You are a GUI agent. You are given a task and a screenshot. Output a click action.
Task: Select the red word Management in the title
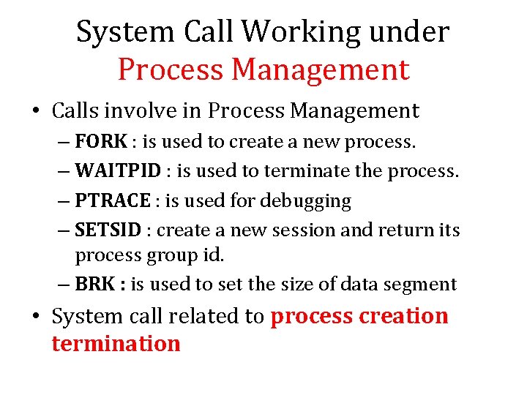[321, 70]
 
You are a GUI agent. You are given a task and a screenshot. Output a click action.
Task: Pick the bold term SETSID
[108, 230]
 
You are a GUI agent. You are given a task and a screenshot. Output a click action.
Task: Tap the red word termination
[116, 343]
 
